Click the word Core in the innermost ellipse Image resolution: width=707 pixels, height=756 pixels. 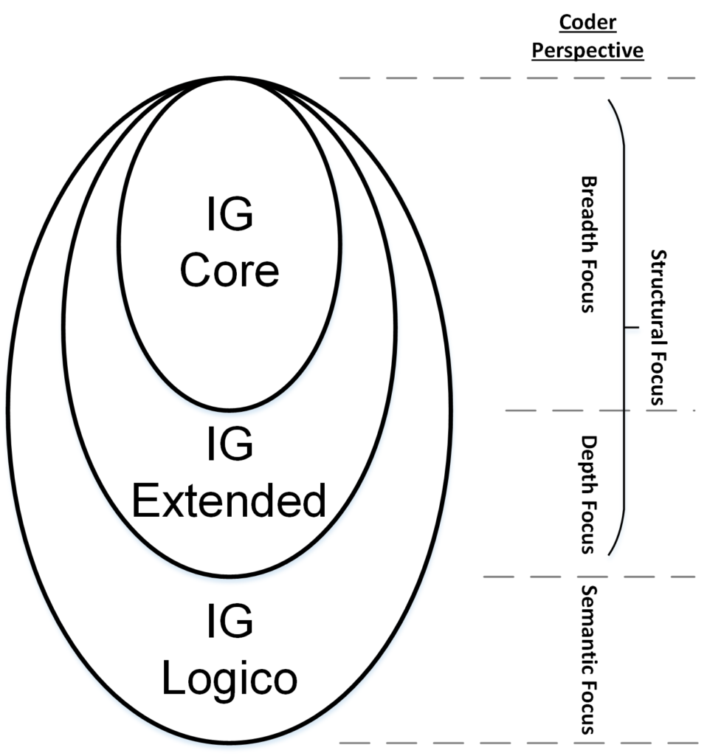[230, 271]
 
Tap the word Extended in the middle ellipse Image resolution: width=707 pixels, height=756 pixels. [229, 502]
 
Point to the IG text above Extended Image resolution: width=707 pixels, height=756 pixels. [230, 445]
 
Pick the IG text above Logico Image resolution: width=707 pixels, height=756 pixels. [230, 622]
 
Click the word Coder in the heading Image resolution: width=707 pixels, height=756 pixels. [587, 22]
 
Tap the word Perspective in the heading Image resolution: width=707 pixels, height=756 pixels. [587, 50]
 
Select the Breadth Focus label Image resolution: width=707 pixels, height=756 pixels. [588, 244]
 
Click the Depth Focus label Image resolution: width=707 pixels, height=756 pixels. [588, 494]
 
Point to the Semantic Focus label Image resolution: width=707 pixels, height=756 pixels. [588, 659]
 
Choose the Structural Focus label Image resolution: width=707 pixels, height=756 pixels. [657, 327]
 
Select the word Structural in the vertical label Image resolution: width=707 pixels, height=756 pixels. [657, 303]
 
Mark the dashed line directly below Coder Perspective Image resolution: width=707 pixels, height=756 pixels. [517, 78]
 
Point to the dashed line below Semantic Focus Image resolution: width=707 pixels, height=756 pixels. [517, 742]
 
